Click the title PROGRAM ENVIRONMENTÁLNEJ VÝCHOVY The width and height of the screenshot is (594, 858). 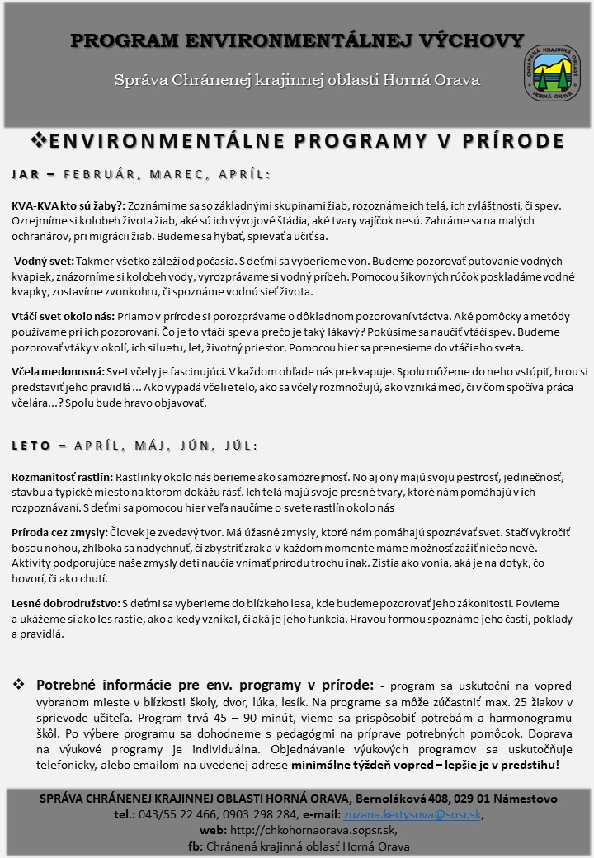click(x=297, y=41)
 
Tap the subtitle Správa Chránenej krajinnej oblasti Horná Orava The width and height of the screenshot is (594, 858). click(x=297, y=80)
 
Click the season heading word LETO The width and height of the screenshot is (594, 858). click(x=31, y=445)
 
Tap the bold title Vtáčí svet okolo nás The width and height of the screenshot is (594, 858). click(x=63, y=316)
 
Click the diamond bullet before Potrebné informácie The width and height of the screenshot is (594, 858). click(x=18, y=686)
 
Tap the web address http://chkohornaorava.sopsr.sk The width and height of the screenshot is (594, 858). click(x=308, y=831)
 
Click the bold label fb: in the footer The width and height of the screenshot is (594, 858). click(x=196, y=846)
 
